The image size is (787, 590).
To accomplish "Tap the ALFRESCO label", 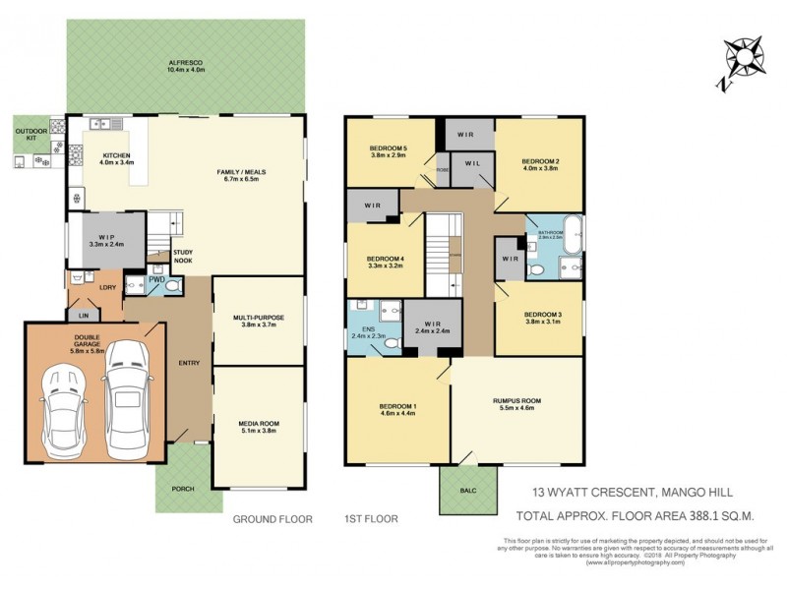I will (186, 61).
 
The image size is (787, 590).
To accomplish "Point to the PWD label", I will (156, 280).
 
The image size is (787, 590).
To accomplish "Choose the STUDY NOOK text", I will (183, 257).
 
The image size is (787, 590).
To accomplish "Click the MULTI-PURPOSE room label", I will (259, 320).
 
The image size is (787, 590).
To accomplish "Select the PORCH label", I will (183, 489).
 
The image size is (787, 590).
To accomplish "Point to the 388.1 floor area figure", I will (707, 514).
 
